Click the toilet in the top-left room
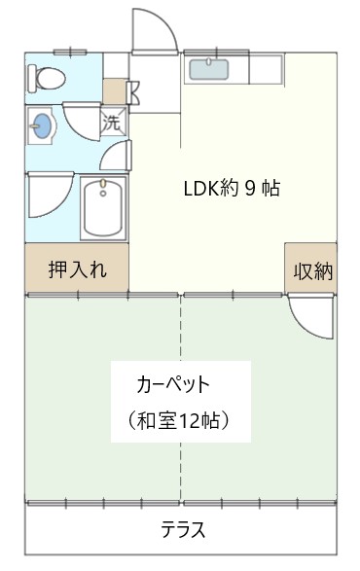point(47,79)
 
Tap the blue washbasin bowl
point(42,125)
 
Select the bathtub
point(103,208)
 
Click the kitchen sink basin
point(209,70)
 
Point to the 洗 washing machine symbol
point(113,122)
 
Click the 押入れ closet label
point(77,269)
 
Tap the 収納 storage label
point(313,271)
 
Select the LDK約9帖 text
point(232,189)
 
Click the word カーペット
point(173,384)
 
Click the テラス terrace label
point(183,529)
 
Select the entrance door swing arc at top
point(156,31)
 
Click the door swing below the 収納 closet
point(310,316)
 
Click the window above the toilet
point(70,53)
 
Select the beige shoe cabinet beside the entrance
point(115,91)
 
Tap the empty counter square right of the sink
point(266,69)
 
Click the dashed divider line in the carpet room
point(180,399)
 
